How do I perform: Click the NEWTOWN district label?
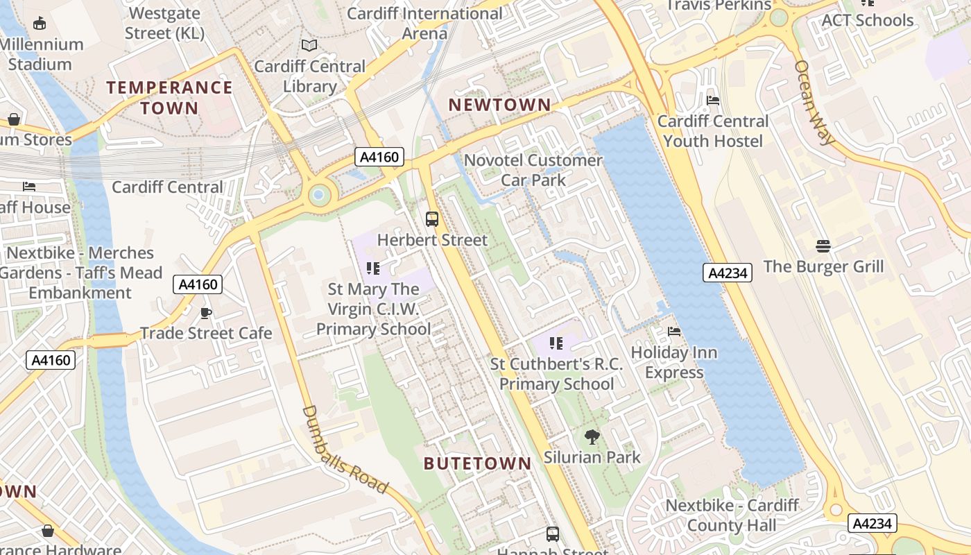click(499, 105)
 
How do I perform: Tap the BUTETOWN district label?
click(477, 463)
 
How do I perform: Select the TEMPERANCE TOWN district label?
click(169, 97)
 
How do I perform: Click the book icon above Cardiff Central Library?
click(309, 46)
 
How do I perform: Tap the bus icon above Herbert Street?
click(432, 219)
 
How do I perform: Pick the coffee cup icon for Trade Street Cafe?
click(206, 313)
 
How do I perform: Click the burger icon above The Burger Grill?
click(823, 246)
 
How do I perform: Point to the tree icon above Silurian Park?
click(592, 437)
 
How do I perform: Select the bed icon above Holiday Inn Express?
click(673, 332)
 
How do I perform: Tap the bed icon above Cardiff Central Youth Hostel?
click(712, 101)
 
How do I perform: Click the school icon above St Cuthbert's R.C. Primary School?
click(556, 343)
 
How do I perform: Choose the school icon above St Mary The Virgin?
click(373, 268)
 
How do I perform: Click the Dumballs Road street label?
click(345, 449)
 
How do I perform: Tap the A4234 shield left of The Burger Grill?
click(728, 273)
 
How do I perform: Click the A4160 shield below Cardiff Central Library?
click(379, 157)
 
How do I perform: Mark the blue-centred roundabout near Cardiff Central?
click(318, 195)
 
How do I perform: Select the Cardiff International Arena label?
click(424, 23)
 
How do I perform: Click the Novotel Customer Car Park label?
click(533, 170)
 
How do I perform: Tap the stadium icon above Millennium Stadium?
click(40, 24)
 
